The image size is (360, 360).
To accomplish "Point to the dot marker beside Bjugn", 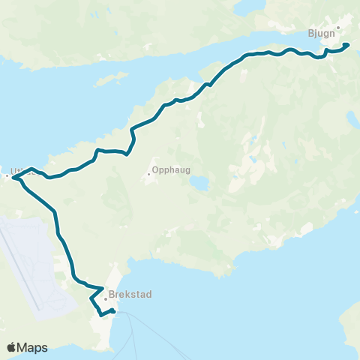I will [x=339, y=28].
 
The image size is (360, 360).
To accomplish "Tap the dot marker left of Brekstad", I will [x=106, y=298].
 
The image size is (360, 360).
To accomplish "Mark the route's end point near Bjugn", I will [x=348, y=45].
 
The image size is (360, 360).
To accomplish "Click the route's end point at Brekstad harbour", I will [x=113, y=310].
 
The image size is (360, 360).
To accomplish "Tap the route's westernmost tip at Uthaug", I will [x=13, y=178].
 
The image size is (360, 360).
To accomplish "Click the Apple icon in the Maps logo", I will [x=12, y=347].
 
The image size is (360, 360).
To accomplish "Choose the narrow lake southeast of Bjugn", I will [x=351, y=120].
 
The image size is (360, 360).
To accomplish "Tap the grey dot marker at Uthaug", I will [x=7, y=176].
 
